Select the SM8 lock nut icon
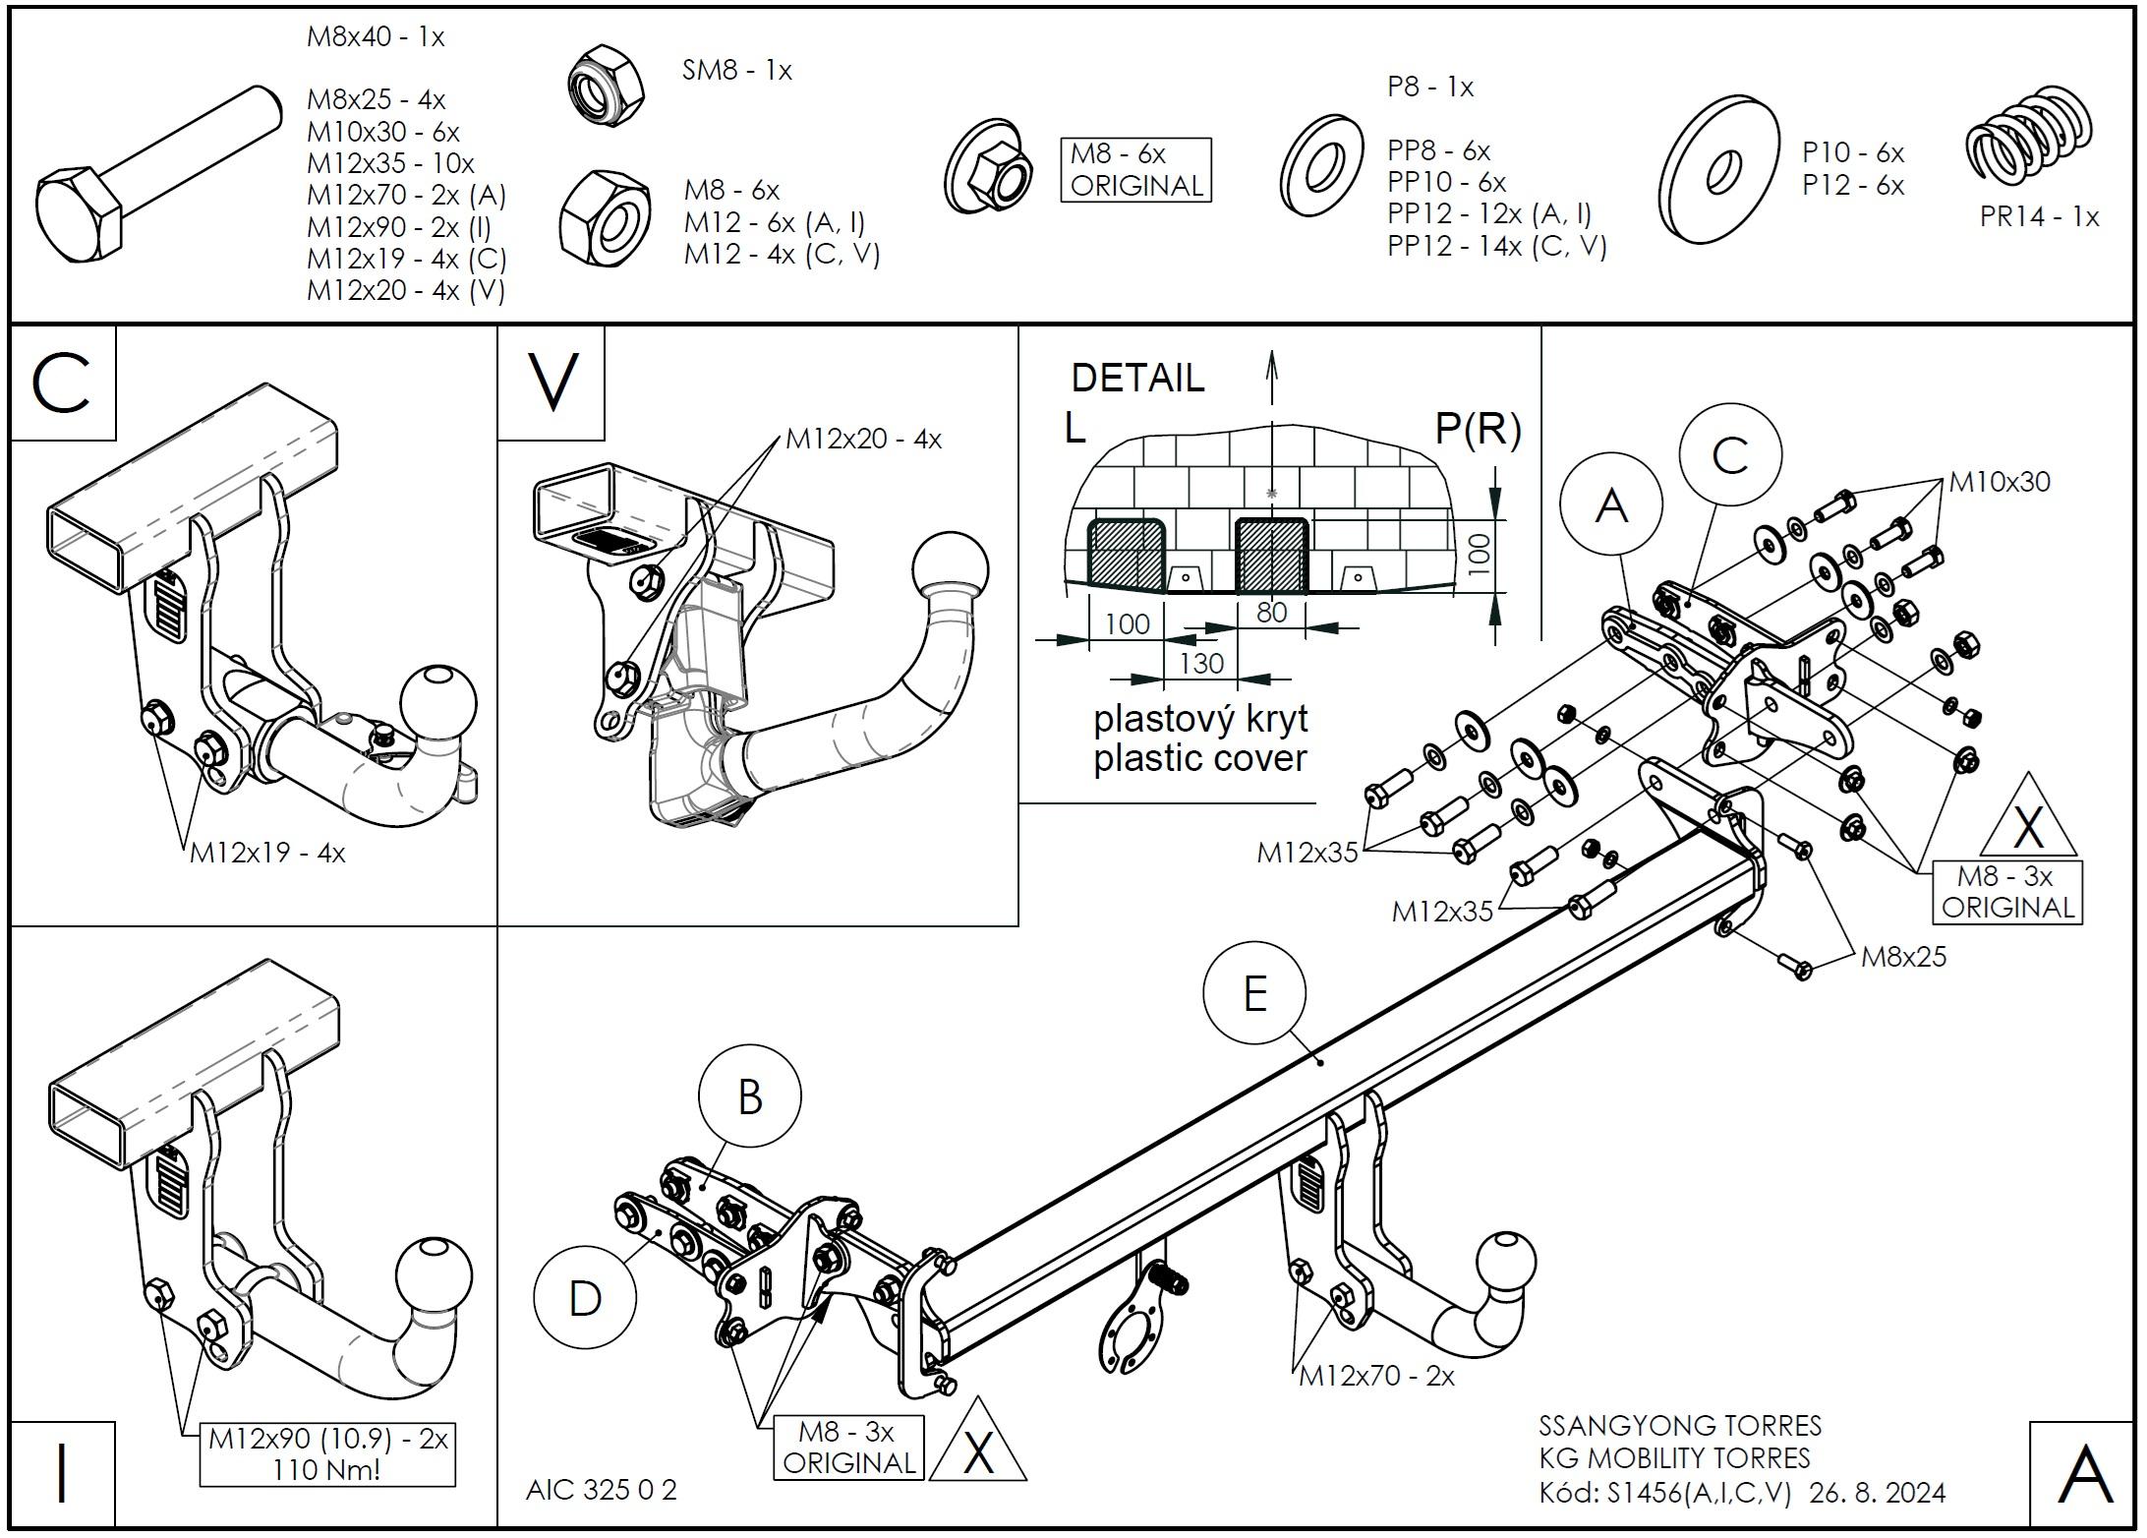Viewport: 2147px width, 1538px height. (607, 84)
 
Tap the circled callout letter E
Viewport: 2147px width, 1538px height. (1253, 994)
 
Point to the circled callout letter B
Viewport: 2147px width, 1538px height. (749, 1096)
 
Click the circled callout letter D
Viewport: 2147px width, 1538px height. (585, 1298)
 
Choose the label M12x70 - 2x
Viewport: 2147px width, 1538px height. (1376, 1375)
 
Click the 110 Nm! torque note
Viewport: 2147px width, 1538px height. (327, 1469)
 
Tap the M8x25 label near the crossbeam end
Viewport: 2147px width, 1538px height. (1903, 956)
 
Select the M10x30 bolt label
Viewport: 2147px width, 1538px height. (2000, 481)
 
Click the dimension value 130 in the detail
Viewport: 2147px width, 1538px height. (1201, 663)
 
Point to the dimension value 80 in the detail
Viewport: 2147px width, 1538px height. (1271, 613)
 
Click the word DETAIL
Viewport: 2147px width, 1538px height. (1137, 378)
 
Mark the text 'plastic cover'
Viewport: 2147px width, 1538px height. (1200, 758)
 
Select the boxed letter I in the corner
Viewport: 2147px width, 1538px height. (62, 1471)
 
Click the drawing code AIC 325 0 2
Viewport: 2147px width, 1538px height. (602, 1489)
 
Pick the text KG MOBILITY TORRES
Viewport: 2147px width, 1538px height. (1674, 1457)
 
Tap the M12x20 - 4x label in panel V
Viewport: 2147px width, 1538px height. (863, 439)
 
